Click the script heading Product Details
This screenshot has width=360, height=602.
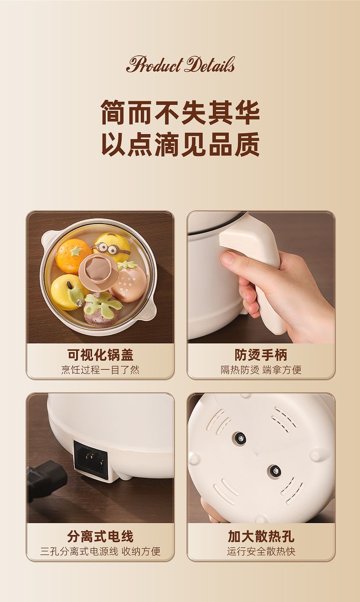[x=180, y=64]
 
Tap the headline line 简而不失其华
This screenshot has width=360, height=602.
[x=180, y=112]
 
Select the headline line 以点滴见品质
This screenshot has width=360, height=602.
[x=180, y=144]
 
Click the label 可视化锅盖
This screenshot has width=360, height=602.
[x=100, y=355]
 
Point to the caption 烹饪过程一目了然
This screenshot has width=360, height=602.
[x=100, y=370]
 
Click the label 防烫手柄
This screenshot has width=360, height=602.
[x=261, y=355]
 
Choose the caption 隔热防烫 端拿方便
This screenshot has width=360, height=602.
[x=261, y=370]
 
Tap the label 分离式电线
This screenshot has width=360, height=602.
[x=100, y=536]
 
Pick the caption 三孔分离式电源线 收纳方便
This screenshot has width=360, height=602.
[x=100, y=551]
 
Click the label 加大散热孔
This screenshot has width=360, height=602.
[x=261, y=536]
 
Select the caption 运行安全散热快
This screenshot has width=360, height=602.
[x=261, y=551]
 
